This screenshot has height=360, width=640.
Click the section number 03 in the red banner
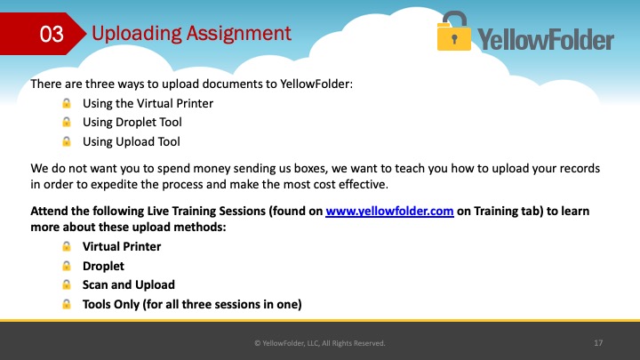point(52,34)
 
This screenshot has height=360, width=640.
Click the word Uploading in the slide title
point(136,34)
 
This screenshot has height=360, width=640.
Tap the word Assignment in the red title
point(239,34)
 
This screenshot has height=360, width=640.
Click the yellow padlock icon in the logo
point(454,31)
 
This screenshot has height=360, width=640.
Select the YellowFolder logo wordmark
point(546,39)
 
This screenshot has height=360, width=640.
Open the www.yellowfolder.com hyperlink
point(389,211)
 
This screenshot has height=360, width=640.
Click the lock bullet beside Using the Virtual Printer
point(66,103)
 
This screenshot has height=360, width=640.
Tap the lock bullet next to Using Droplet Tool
point(66,122)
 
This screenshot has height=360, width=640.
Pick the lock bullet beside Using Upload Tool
point(66,141)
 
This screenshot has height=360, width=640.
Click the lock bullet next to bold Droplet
point(66,266)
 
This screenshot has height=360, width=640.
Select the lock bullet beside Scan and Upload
point(66,285)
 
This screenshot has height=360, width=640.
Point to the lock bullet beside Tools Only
point(66,305)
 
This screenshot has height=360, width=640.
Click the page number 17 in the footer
point(598,343)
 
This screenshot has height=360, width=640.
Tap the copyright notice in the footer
point(320,343)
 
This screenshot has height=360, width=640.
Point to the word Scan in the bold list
point(95,285)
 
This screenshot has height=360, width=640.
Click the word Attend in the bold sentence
point(49,211)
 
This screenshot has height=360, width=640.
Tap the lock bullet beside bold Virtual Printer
point(66,246)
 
